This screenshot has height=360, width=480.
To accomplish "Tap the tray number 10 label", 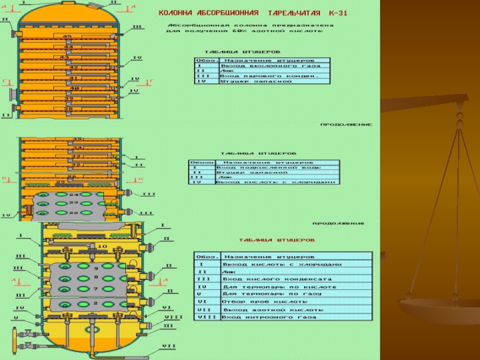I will coord(101,247).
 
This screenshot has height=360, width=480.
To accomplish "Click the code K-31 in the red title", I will coord(335,12).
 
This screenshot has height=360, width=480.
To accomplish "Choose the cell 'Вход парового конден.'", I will coord(265,76).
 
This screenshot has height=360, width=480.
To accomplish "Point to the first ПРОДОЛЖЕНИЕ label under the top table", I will coord(346,125).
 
